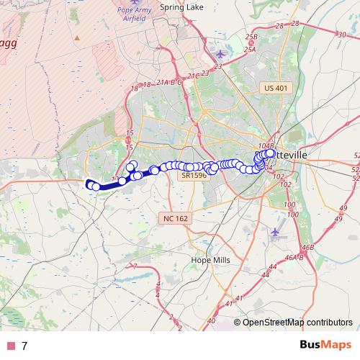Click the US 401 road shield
click(275, 88)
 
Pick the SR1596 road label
click(194, 176)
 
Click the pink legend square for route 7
click(11, 346)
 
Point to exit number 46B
click(307, 248)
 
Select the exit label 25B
click(251, 37)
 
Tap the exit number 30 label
click(341, 33)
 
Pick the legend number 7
click(24, 346)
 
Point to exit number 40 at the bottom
click(211, 321)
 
